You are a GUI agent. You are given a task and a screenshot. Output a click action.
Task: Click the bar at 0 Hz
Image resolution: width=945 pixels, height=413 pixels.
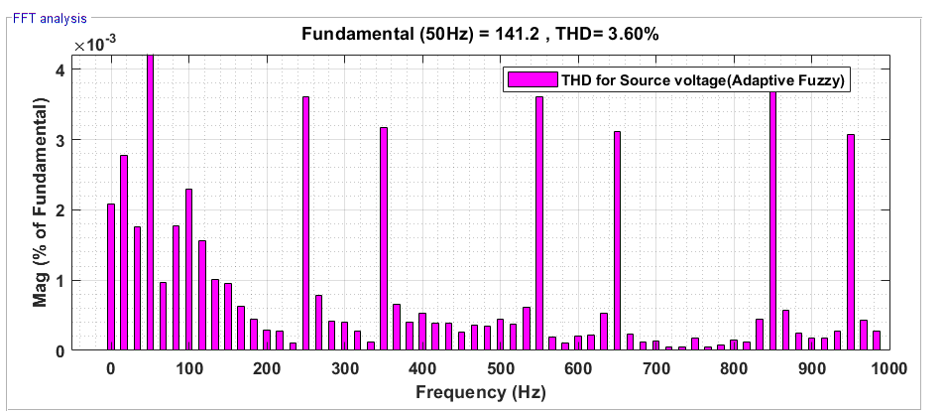tap(111, 277)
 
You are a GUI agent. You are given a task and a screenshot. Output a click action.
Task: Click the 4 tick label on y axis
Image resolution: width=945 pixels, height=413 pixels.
tap(61, 70)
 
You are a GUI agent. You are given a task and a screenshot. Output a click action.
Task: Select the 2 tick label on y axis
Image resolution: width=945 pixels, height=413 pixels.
tap(61, 210)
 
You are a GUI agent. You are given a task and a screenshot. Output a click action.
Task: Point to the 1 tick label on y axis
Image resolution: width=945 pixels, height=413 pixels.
tap(61, 281)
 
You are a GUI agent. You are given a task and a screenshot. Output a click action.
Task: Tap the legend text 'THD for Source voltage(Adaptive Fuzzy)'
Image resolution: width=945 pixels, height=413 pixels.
tap(702, 81)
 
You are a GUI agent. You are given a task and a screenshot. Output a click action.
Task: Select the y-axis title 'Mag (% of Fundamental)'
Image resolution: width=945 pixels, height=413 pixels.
tap(40, 203)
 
